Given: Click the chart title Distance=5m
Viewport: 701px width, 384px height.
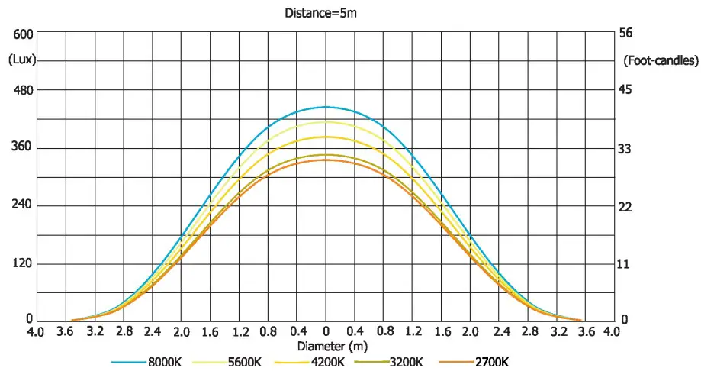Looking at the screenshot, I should [314, 12].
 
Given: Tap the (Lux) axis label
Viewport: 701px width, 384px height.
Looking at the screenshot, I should [23, 59].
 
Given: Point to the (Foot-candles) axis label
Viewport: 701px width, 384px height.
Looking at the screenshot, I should [661, 59].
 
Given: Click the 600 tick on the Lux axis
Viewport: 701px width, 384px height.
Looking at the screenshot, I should [23, 34].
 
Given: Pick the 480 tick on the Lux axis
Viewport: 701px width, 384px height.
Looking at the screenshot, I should [23, 90].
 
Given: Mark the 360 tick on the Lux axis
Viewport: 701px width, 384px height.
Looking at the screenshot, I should [23, 147].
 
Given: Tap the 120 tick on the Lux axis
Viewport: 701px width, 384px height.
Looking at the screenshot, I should [23, 263].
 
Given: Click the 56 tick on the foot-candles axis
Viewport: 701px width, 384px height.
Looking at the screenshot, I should [628, 34].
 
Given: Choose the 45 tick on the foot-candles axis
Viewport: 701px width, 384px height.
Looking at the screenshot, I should [628, 90].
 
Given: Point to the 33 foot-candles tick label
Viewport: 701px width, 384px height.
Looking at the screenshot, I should [628, 148].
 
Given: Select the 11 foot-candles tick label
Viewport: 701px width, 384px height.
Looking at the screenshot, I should [628, 263].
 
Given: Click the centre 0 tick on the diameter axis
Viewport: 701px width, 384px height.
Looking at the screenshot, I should [326, 333].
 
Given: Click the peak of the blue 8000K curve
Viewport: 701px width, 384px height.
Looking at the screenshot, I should [326, 107].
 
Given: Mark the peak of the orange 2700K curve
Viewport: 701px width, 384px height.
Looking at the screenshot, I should [326, 160].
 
